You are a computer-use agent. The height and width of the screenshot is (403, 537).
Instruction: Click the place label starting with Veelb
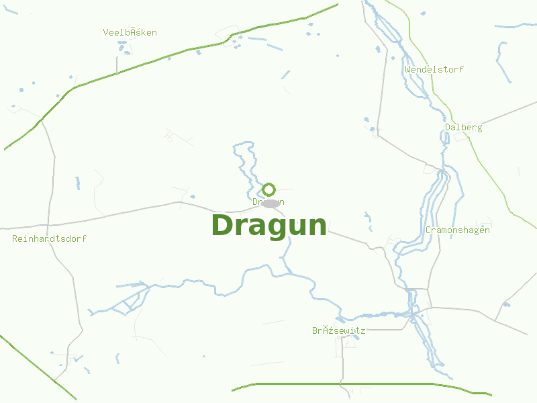pos(130,32)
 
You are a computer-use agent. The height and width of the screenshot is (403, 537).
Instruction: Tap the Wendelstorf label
pos(434,69)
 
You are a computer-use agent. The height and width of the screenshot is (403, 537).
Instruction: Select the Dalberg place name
pos(463,128)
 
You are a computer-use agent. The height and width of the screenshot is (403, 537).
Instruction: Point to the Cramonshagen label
pos(457,230)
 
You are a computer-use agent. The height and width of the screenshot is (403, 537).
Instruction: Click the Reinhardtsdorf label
pos(49,238)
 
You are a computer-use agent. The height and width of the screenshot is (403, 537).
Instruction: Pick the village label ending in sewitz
pos(338,330)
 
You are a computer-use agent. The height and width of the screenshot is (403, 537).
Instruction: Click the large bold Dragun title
pos(268,225)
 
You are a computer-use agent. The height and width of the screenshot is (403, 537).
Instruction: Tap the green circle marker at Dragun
pos(268,189)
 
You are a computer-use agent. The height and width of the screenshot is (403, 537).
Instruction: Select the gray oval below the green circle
pos(270,203)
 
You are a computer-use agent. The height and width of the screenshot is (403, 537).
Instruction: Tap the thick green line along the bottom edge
pos(349,384)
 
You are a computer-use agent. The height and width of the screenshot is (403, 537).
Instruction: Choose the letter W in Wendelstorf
pos(407,69)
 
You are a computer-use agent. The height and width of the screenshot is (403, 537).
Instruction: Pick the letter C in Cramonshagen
pos(428,230)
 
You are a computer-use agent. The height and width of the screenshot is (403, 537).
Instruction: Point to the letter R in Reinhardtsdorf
pos(15,238)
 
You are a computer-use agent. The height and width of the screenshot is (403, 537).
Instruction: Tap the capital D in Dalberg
pos(448,128)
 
